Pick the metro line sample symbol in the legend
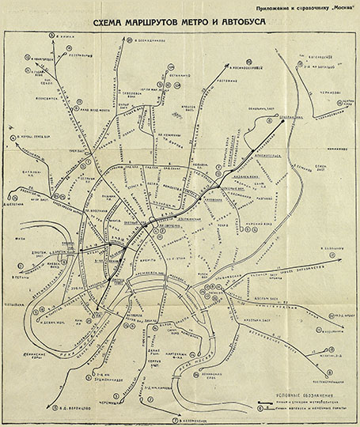(x=268, y=402)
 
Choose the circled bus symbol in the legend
(x=268, y=410)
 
